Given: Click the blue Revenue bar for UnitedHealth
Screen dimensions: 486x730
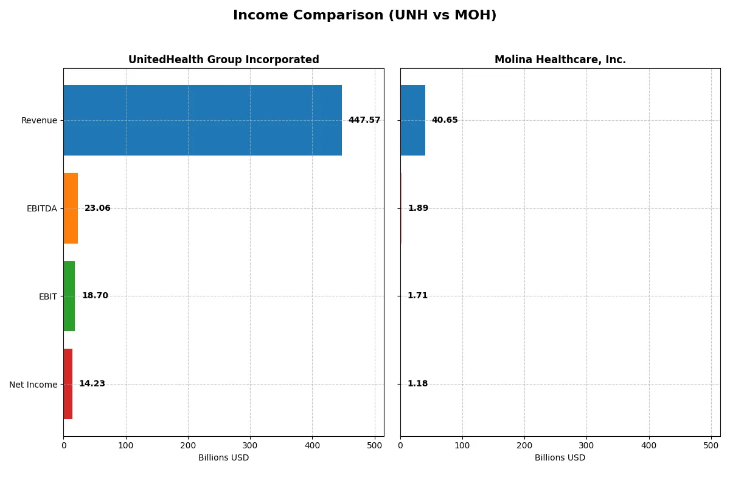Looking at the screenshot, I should (203, 120).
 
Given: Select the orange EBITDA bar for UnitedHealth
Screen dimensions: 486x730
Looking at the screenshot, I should (71, 208).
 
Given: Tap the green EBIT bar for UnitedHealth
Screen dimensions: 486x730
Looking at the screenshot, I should (69, 296).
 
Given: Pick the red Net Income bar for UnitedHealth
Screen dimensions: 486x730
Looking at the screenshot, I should (68, 384).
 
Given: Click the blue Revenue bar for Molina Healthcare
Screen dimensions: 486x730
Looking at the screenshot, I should (412, 120).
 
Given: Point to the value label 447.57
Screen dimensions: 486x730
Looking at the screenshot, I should (364, 120).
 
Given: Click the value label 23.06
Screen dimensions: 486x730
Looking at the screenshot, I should (97, 208).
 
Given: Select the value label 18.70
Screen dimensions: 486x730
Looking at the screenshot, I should (95, 296).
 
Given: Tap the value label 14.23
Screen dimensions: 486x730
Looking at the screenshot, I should (92, 384).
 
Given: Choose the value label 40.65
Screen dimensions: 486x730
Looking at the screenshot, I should (445, 120).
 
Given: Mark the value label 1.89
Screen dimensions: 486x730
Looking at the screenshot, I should (418, 208).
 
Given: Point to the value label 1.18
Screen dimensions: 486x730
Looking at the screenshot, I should (417, 384).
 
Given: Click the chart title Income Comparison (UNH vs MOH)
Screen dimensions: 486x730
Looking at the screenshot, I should (364, 16).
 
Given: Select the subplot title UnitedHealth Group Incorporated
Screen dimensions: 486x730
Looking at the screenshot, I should (223, 60).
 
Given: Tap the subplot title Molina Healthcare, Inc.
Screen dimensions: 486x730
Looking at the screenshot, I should (560, 60).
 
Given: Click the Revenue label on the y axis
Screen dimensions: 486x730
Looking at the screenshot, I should (39, 120).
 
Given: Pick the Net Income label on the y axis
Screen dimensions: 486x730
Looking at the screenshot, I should (33, 385).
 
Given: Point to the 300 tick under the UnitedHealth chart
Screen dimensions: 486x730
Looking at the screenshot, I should (250, 445).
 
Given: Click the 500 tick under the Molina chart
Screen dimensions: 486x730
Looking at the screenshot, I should (711, 445).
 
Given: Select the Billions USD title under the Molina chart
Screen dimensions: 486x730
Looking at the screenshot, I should (560, 458).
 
